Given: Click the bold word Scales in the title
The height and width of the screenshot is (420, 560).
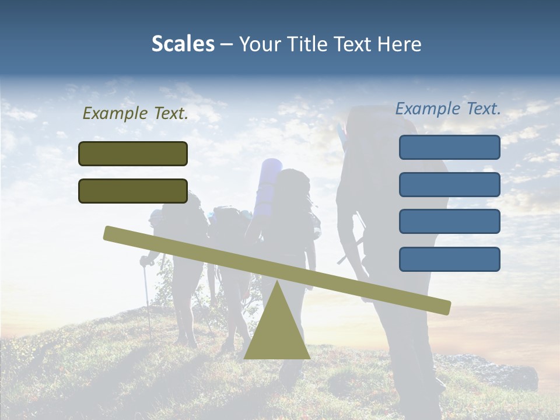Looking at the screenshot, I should point(183,44).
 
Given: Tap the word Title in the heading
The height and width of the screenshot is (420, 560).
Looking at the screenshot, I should point(310,44).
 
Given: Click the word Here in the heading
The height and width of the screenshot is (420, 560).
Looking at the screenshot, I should point(399,44).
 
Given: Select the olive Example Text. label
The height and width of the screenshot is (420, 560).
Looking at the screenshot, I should point(135,114).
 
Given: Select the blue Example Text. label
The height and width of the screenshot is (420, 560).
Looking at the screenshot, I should point(448,108).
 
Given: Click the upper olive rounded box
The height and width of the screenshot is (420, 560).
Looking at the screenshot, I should point(133,153).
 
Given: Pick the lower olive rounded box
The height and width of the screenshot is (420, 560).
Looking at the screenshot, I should point(133,191).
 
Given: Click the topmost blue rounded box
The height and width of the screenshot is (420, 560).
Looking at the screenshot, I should point(449,147).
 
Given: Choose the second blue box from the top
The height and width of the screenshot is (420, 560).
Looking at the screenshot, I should point(449,184).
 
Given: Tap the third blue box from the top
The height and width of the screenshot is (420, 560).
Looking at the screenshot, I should point(449,222).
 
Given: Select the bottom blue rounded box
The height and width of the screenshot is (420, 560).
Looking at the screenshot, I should point(449,259).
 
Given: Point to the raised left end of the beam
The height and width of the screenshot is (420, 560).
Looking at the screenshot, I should point(111,233).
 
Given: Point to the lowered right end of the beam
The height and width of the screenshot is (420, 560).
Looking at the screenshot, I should point(443,306).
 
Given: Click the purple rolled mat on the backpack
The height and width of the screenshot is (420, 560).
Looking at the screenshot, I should point(268,181).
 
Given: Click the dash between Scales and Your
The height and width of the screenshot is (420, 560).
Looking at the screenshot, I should point(227,44).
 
